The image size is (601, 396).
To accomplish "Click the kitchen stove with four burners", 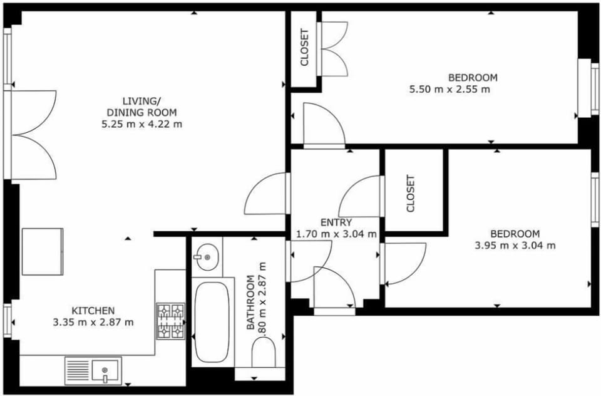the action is click(170, 321).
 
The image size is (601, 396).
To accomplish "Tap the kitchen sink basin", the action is click(105, 371).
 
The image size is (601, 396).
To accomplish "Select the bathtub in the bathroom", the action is click(212, 322).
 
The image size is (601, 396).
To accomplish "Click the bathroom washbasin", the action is click(207, 257).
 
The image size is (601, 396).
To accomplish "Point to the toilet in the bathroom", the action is click(264, 353).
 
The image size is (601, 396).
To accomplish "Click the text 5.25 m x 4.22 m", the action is click(142, 124).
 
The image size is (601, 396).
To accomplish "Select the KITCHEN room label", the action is click(93, 310).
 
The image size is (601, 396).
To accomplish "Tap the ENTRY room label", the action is click(336, 222).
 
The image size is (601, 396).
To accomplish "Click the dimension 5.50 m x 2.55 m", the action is click(449, 90).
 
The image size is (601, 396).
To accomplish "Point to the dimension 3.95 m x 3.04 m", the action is click(515, 246).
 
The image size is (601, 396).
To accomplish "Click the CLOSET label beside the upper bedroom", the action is click(304, 48).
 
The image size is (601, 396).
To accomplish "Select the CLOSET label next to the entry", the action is click(411, 194).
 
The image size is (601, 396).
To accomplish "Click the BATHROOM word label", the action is click(250, 302).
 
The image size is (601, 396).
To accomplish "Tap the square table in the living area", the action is click(43, 252).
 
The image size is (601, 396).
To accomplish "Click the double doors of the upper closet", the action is click(332, 49).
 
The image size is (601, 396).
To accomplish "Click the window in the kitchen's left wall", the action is click(8, 321).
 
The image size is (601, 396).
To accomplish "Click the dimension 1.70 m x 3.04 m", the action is click(336, 234).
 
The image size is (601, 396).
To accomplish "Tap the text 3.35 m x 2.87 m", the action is click(93, 322).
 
